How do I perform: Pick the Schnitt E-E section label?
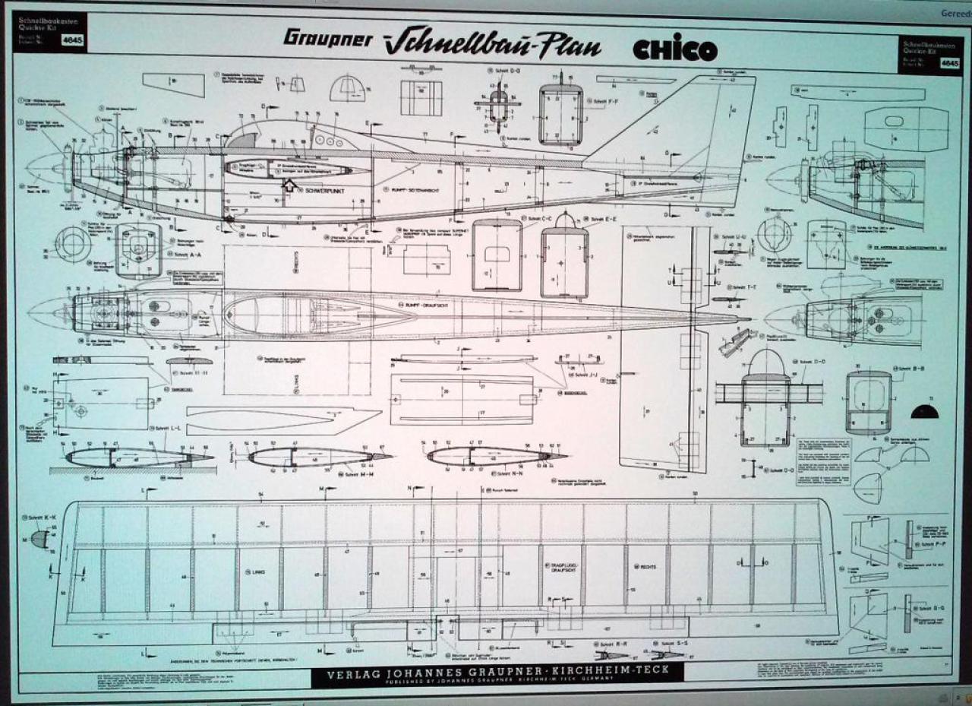pyautogui.click(x=604, y=219)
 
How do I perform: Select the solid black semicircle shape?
pyautogui.click(x=925, y=413)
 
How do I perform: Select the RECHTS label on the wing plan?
pyautogui.click(x=648, y=567)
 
